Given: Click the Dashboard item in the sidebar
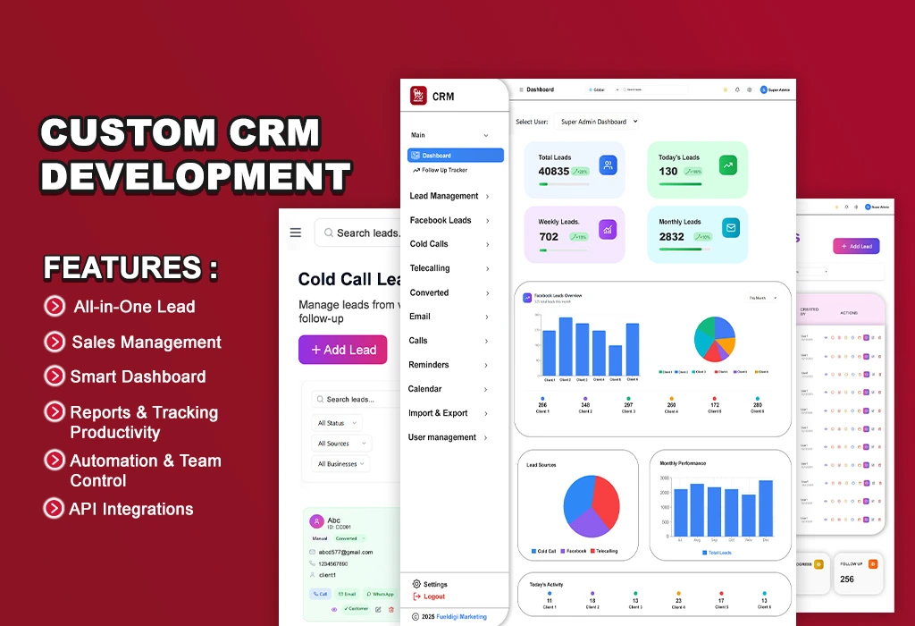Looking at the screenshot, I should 455,156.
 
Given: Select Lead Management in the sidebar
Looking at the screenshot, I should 444,196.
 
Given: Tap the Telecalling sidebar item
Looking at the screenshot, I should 430,268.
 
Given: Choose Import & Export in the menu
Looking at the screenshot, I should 438,413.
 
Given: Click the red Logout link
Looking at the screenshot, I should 433,596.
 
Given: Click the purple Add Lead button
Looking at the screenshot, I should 342,350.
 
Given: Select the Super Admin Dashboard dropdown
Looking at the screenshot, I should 598,122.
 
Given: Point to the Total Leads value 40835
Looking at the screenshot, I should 553,171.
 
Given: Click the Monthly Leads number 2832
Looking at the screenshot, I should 671,237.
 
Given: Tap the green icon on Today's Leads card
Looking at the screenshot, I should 728,165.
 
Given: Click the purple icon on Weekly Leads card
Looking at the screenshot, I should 608,229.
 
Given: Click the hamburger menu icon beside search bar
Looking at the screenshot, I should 296,233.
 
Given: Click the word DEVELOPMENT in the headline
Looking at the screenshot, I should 195,175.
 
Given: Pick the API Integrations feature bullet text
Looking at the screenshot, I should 131,509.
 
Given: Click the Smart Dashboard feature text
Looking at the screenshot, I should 138,376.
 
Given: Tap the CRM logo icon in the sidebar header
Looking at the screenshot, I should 418,96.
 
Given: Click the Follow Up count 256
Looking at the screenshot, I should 846,579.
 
